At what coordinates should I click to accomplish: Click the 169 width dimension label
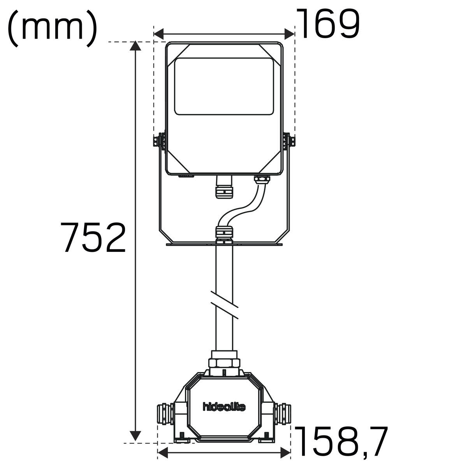(x=329, y=23)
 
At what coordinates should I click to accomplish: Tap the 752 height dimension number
(x=93, y=237)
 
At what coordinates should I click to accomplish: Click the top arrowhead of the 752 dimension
(x=135, y=46)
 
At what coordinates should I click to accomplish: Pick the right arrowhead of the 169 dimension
(x=290, y=34)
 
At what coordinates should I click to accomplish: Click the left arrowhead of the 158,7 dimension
(x=163, y=453)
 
